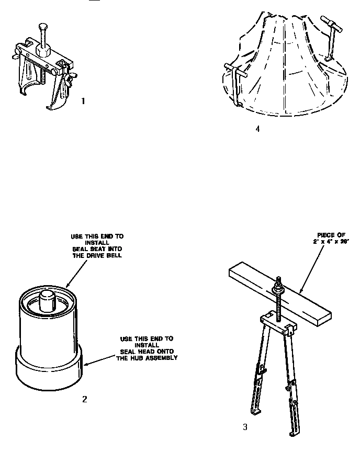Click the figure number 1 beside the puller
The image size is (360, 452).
click(x=83, y=101)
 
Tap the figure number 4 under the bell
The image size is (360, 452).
click(x=257, y=129)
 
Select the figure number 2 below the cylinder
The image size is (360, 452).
click(x=84, y=400)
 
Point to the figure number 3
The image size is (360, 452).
click(x=245, y=427)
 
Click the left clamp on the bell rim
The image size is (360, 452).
click(x=236, y=84)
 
